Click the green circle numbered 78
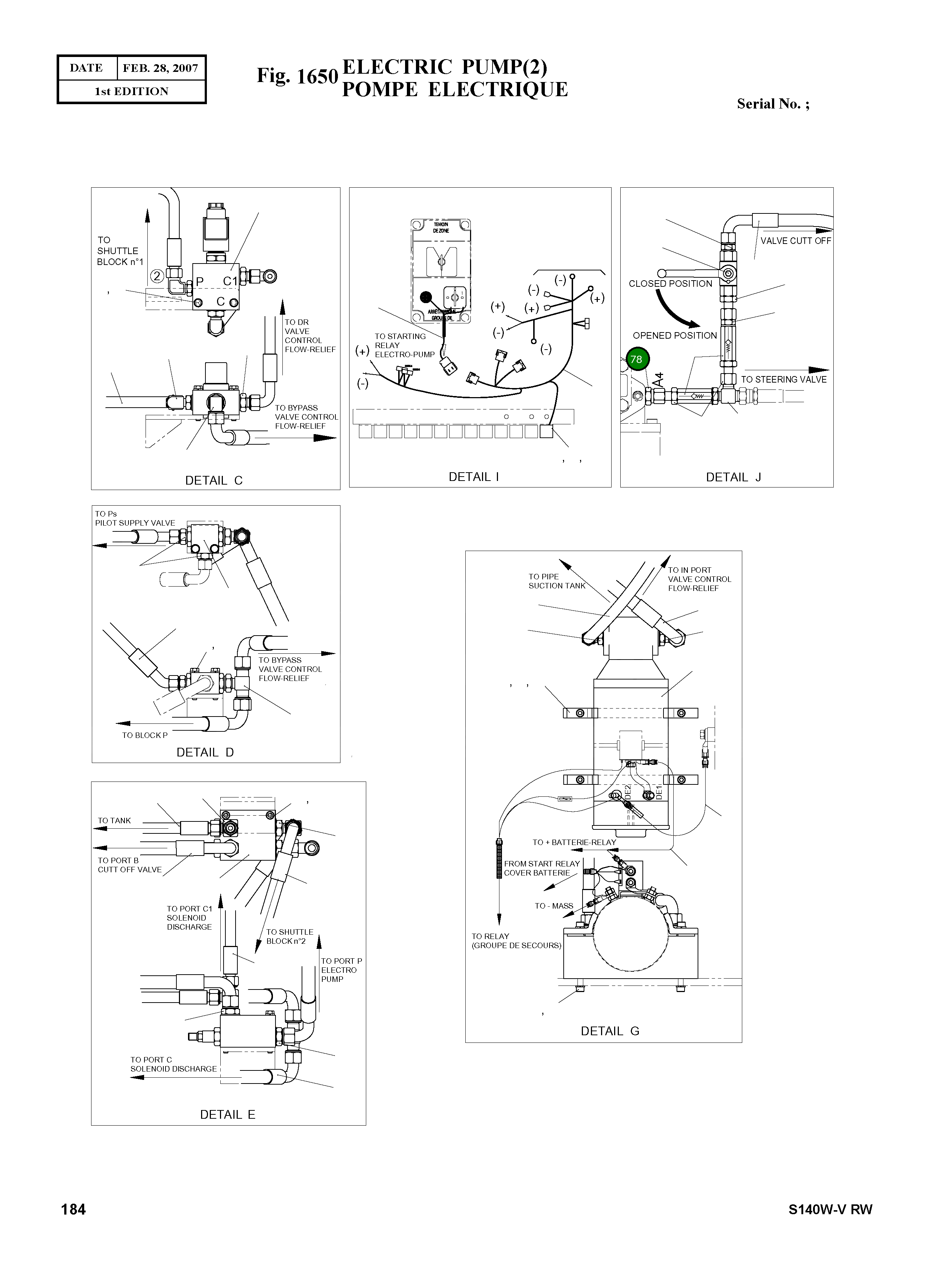click(636, 359)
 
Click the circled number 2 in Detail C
click(157, 276)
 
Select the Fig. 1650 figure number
click(297, 76)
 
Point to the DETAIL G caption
click(610, 1031)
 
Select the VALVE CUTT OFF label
click(795, 241)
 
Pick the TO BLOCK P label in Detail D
click(145, 735)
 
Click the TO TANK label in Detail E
click(114, 821)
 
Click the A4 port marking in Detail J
click(659, 379)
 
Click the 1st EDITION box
click(131, 91)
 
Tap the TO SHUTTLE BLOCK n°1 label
click(120, 251)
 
